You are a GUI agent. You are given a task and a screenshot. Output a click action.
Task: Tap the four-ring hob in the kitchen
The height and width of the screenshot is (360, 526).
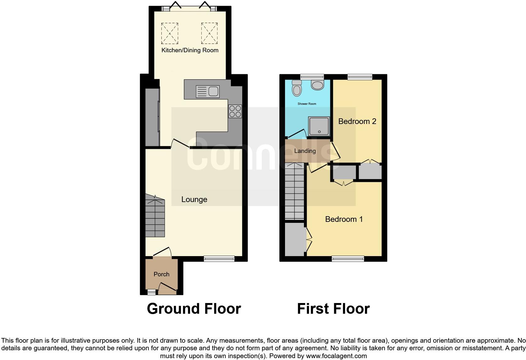[235, 111]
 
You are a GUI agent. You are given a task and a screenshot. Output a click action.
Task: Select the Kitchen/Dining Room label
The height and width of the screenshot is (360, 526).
[190, 50]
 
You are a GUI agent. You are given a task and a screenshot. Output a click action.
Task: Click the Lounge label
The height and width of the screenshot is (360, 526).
[194, 200]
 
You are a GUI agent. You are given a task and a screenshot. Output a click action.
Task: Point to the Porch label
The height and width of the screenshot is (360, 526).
[161, 274]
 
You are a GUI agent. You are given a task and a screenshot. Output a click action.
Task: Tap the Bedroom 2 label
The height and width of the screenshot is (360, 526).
[357, 121]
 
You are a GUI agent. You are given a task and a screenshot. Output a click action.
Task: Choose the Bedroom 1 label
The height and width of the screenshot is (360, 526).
[344, 219]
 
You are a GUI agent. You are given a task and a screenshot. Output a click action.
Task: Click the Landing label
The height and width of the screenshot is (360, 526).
[305, 151]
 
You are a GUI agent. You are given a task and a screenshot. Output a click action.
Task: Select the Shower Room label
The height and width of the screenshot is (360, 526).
[307, 104]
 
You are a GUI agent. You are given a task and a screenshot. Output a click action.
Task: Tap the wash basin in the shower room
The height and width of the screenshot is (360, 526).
[317, 85]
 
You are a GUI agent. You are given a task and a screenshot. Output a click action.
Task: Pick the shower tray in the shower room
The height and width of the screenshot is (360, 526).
[319, 126]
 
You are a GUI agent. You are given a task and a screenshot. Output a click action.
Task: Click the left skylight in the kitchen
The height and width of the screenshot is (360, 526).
[170, 33]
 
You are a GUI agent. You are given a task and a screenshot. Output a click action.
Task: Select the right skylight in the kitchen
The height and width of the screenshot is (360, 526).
[209, 33]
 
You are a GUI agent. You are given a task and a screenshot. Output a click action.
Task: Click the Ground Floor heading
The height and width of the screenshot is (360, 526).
[194, 309]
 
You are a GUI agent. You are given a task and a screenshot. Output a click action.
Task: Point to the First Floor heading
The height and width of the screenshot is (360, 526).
[333, 309]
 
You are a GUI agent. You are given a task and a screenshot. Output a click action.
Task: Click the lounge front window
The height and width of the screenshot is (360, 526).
[219, 259]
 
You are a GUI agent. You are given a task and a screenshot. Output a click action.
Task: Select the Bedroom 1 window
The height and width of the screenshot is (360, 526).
[348, 259]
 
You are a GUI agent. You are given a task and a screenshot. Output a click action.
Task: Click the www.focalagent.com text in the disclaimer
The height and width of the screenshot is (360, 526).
[336, 356]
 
